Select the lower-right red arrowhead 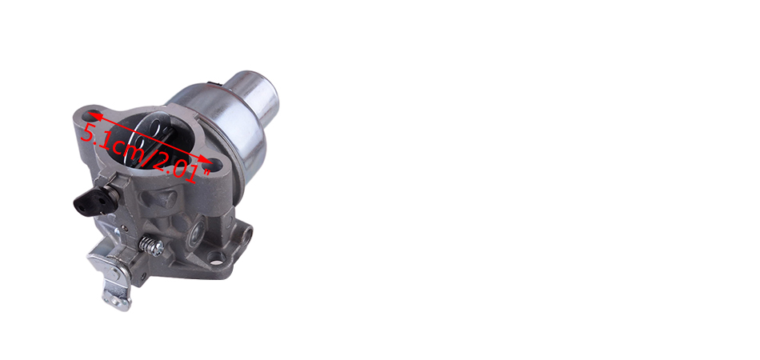(206, 161)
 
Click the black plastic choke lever (90, 199)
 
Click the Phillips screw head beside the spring (158, 249)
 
